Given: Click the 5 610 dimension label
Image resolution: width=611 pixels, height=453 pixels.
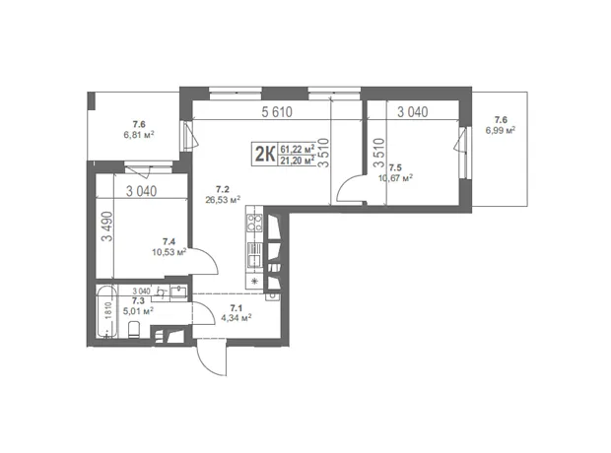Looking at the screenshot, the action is click(x=277, y=112).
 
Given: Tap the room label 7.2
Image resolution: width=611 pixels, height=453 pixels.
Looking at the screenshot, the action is click(x=223, y=190).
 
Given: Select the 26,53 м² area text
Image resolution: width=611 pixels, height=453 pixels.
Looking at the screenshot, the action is click(x=223, y=200).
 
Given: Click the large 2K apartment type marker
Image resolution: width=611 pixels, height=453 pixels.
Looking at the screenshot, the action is click(x=265, y=154).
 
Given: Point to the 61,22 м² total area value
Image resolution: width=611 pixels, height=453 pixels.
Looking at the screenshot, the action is click(x=298, y=149).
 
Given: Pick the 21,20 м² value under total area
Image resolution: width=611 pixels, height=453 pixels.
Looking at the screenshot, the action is click(x=298, y=161).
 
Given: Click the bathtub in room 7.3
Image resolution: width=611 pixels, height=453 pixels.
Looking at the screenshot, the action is click(x=107, y=312).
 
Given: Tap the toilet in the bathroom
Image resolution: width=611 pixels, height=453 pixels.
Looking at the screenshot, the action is click(x=134, y=330).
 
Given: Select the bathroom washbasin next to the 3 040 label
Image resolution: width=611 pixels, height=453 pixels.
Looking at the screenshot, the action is click(x=178, y=291).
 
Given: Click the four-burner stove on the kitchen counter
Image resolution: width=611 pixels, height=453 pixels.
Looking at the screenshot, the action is click(x=254, y=224).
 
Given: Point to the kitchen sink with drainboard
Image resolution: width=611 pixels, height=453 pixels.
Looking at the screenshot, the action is click(x=254, y=255).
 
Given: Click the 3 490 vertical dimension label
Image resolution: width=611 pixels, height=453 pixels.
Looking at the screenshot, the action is click(x=107, y=226).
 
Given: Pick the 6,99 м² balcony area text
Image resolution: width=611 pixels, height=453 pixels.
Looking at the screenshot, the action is click(x=501, y=131).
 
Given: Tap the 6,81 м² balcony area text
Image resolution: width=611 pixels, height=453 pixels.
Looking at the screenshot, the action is click(x=139, y=135).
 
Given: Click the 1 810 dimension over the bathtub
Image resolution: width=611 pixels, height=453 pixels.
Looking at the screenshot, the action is click(x=108, y=311).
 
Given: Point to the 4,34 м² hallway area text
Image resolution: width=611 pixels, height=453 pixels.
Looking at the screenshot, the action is click(x=237, y=318).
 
